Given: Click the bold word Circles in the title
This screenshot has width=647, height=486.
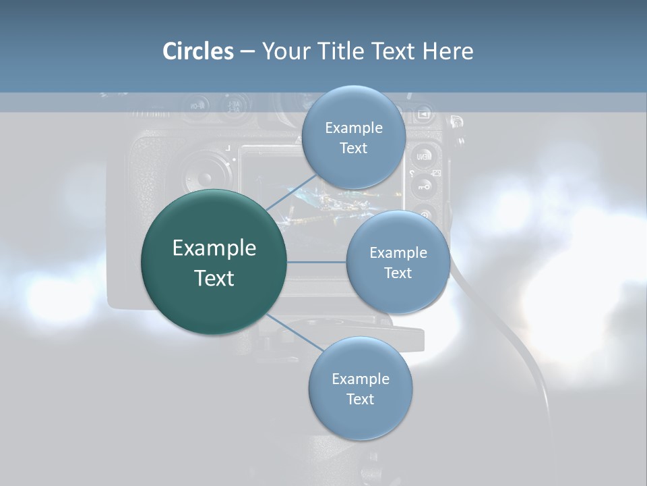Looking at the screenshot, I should coord(198,51).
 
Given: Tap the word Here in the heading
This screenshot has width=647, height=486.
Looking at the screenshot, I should coord(448,51).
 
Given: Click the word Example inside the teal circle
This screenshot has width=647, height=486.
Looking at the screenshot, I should coord(214,248).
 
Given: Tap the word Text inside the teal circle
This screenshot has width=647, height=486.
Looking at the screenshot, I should coord(214,278).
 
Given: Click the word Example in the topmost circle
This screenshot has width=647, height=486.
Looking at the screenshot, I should coord(354,128).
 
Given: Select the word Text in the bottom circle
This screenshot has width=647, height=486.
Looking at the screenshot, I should coord(360,399).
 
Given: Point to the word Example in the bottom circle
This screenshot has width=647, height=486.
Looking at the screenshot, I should coord(361,379).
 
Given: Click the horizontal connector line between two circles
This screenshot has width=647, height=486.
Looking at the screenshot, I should coord(316,262).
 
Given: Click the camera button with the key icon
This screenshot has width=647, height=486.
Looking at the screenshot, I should coord(423,186).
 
